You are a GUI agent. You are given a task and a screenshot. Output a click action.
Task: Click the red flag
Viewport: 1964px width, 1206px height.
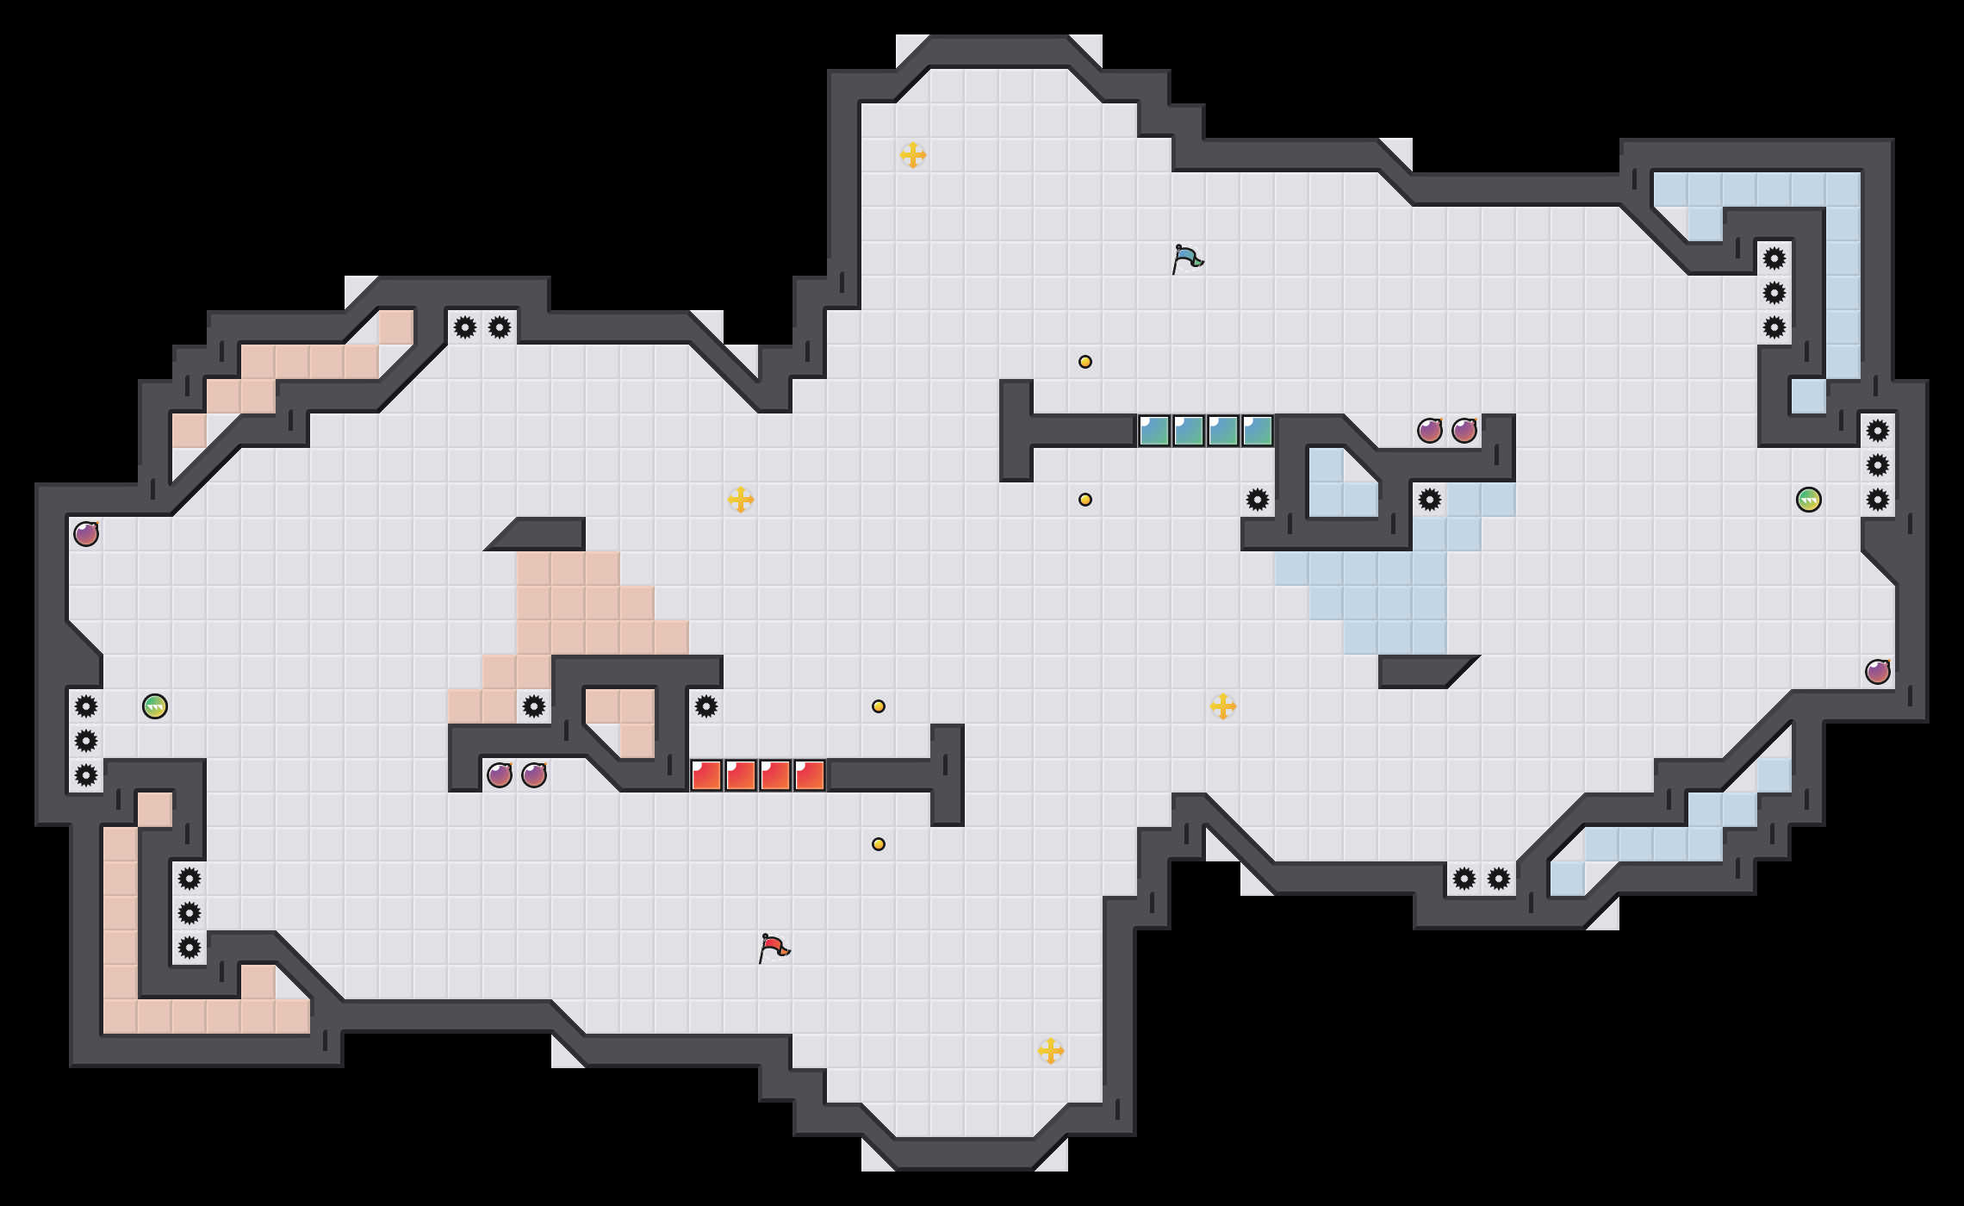click(773, 948)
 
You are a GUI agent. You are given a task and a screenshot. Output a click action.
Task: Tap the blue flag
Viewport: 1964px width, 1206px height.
click(1186, 258)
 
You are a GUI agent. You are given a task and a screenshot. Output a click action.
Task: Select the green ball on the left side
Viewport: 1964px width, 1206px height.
click(155, 706)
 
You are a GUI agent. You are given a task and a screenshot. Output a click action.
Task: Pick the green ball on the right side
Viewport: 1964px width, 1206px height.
click(1809, 500)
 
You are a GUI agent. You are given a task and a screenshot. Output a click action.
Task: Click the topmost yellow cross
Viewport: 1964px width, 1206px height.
click(913, 155)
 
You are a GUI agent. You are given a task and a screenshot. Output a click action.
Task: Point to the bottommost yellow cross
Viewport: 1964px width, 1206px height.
click(1051, 1051)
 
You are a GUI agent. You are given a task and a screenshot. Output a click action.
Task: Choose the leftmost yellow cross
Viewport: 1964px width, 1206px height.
click(741, 500)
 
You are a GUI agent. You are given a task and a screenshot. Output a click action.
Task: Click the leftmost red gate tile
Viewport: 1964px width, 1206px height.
click(706, 775)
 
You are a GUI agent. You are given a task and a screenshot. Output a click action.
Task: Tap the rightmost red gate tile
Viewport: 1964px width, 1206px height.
click(810, 775)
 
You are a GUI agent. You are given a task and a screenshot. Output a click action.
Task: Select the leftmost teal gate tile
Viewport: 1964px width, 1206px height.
click(1154, 431)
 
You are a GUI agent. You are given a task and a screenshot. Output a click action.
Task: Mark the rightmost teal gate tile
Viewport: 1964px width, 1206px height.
click(1258, 431)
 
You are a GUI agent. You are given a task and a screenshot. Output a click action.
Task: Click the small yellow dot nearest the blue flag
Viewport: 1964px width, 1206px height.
click(1085, 362)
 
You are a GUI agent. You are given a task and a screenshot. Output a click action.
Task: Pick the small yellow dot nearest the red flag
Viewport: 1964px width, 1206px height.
click(879, 844)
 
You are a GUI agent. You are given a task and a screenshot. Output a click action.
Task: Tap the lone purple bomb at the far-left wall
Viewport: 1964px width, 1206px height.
click(86, 534)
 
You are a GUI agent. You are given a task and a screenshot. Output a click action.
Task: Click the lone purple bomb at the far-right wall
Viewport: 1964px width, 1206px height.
click(1878, 672)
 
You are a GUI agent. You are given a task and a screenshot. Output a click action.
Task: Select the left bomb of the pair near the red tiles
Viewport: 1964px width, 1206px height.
click(500, 775)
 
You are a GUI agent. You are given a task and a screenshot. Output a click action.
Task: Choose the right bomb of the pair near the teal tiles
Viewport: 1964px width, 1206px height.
click(1464, 431)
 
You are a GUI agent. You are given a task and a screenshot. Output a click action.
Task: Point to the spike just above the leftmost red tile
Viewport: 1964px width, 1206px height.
click(706, 706)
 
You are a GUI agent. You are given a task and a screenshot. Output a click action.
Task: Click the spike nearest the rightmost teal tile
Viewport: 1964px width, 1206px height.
click(1258, 500)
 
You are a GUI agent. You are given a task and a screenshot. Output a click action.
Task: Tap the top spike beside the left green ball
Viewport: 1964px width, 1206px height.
click(86, 706)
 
